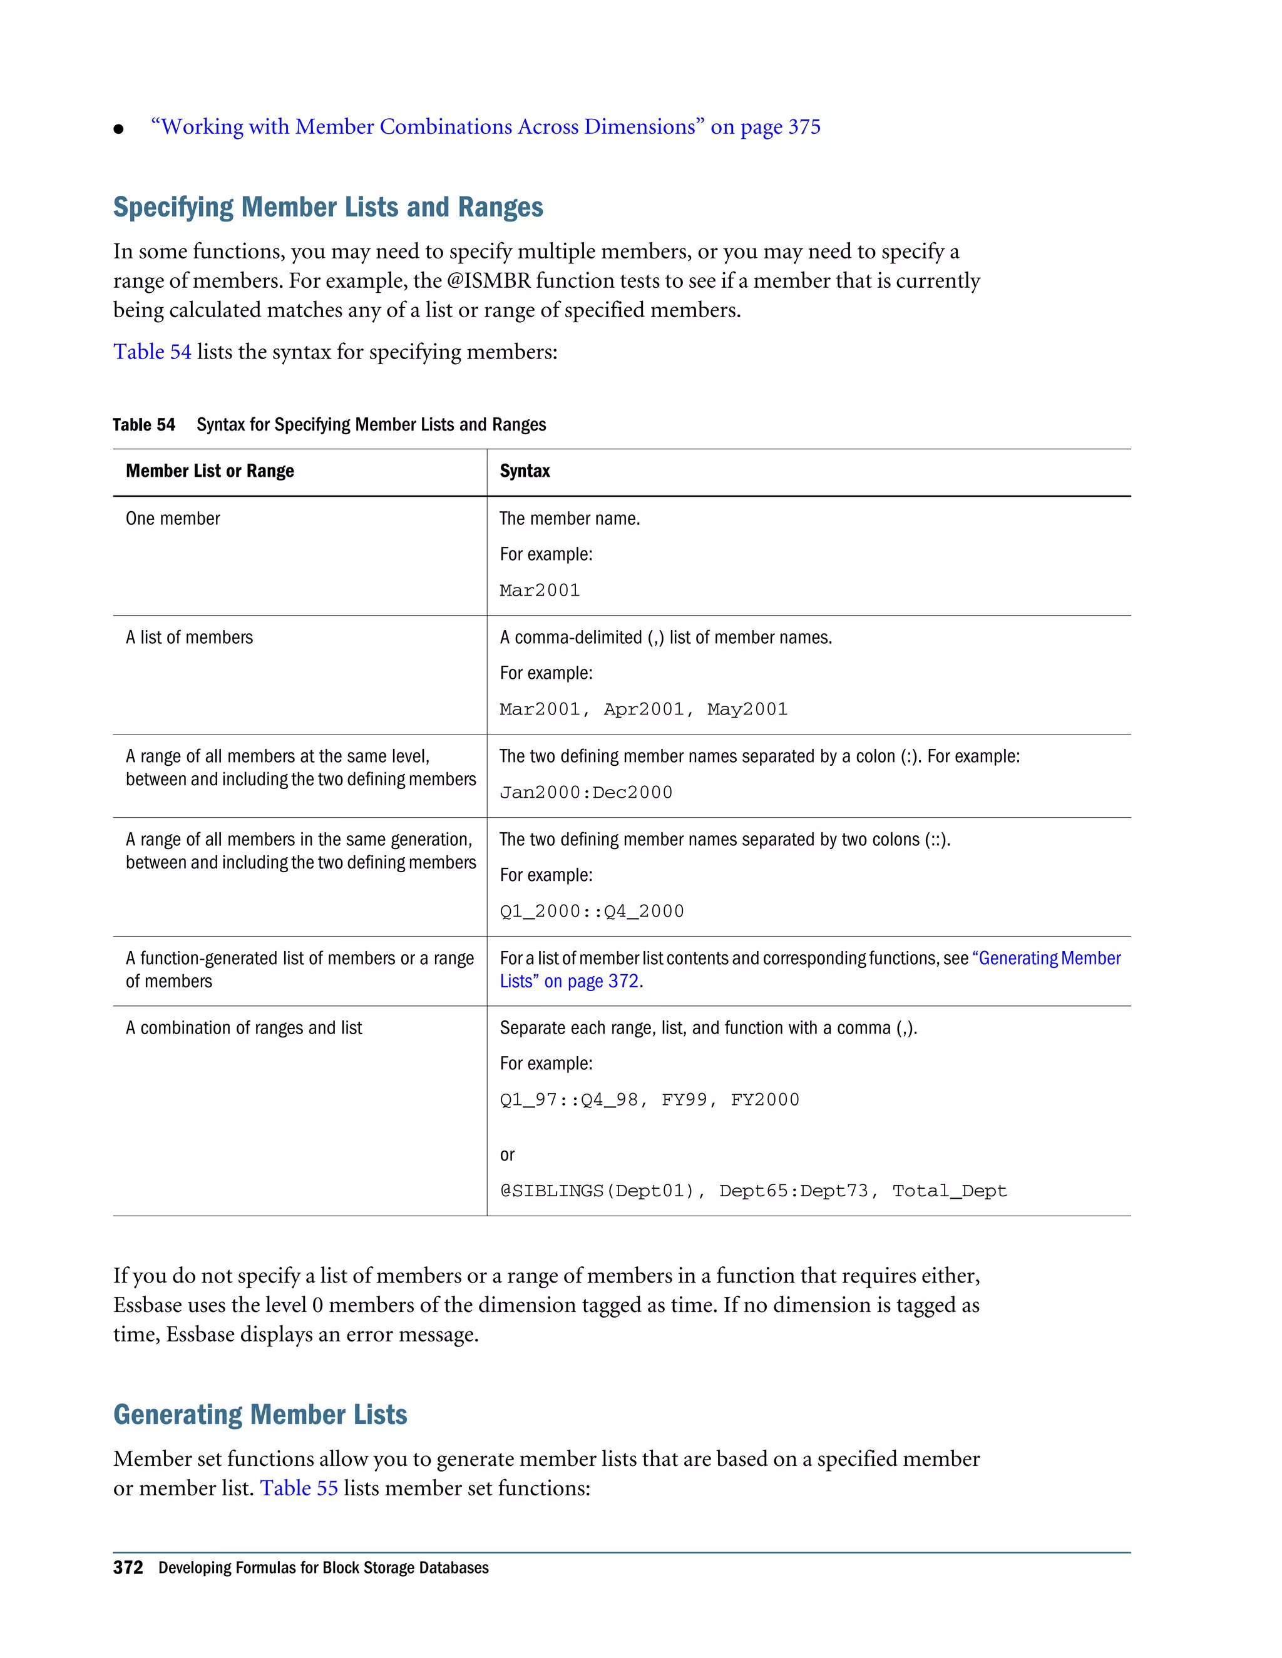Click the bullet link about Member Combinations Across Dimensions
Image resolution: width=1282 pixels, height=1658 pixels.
click(485, 127)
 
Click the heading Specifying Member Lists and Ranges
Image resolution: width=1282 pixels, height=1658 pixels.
click(328, 207)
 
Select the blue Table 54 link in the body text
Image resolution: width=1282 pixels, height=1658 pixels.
click(152, 352)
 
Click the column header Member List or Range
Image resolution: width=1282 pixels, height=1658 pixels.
click(210, 472)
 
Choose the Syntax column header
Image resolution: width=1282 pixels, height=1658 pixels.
click(524, 472)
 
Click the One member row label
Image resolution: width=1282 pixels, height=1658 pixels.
click(173, 519)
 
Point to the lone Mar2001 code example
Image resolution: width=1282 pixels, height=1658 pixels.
click(539, 591)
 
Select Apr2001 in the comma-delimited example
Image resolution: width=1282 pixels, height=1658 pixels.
click(644, 709)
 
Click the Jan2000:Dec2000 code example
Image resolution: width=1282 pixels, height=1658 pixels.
click(585, 793)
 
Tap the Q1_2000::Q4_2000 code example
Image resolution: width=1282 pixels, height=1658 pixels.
click(592, 911)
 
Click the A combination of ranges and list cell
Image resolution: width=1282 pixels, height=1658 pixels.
click(244, 1028)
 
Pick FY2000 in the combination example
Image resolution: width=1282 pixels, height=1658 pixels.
click(765, 1100)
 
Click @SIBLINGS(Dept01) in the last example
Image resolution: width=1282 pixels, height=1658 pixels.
click(596, 1191)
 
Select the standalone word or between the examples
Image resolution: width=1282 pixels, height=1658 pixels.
click(506, 1155)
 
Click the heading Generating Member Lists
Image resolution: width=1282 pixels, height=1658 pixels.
click(260, 1415)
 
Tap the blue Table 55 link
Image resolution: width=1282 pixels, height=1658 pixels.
click(299, 1488)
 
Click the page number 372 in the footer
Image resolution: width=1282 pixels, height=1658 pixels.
click(128, 1568)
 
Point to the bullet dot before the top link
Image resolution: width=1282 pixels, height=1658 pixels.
click(118, 129)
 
